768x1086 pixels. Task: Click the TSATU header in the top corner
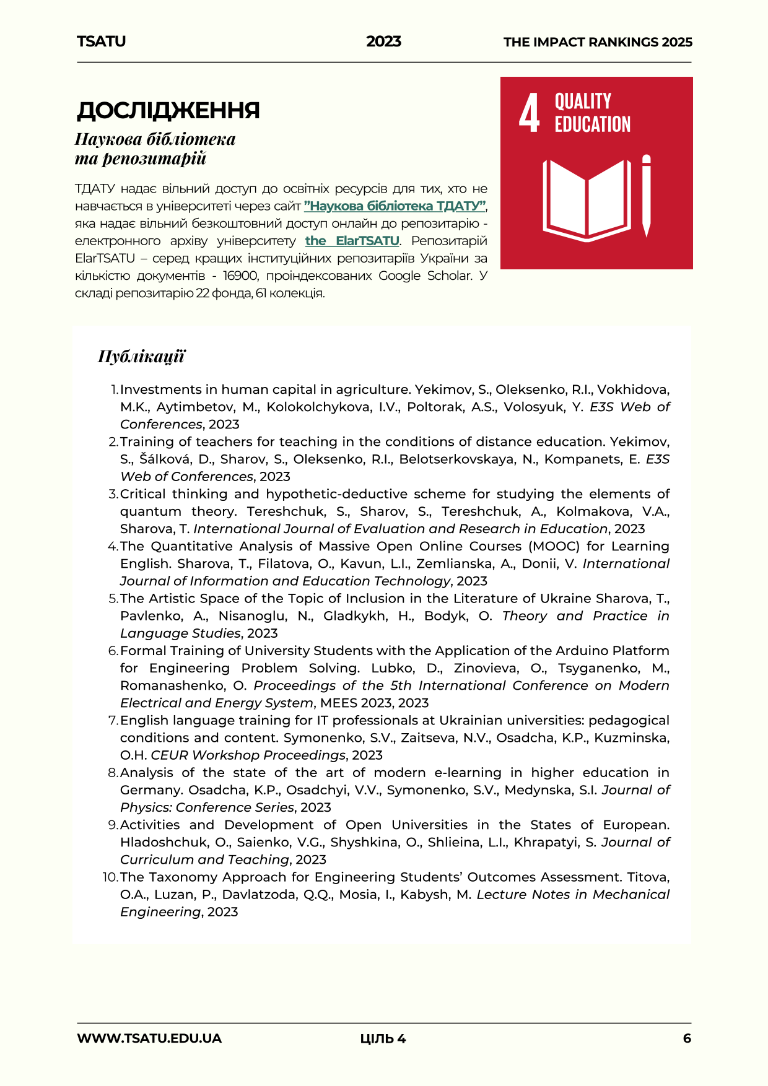(101, 41)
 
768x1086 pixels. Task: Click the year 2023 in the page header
(383, 41)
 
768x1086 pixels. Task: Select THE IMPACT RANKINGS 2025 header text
(598, 42)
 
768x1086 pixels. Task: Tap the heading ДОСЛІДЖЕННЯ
(168, 110)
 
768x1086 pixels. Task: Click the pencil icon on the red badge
(646, 195)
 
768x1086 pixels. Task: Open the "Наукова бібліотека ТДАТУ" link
(395, 206)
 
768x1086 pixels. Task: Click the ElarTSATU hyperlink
(352, 241)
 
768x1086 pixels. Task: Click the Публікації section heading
(141, 357)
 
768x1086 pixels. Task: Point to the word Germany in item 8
(151, 790)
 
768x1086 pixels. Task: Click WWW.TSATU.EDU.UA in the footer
(149, 1038)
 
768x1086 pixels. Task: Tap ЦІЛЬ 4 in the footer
(383, 1039)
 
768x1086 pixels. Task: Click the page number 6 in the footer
(687, 1038)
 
